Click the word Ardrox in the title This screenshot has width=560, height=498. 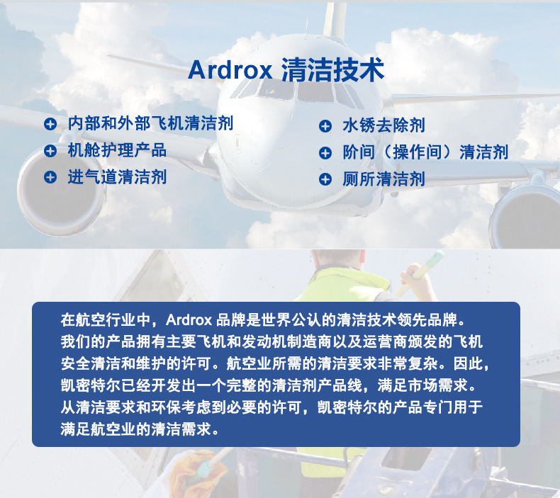pyautogui.click(x=230, y=69)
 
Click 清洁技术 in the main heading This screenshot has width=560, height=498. pyautogui.click(x=333, y=69)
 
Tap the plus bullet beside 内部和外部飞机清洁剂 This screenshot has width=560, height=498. pyautogui.click(x=50, y=124)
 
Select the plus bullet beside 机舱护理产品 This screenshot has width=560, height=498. pyautogui.click(x=50, y=150)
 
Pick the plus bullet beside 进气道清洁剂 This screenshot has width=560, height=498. pyautogui.click(x=50, y=177)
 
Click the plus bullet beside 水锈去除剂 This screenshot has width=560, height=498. pyautogui.click(x=325, y=126)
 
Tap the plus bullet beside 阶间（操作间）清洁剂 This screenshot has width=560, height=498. pyautogui.click(x=325, y=153)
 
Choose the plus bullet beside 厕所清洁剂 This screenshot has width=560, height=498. pyautogui.click(x=325, y=179)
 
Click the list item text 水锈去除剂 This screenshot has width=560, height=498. pyautogui.click(x=384, y=125)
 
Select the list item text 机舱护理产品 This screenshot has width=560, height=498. pyautogui.click(x=117, y=150)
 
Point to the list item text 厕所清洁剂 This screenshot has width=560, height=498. pyautogui.click(x=384, y=179)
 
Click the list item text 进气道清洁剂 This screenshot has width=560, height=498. pyautogui.click(x=117, y=177)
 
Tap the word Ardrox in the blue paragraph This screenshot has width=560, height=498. pyautogui.click(x=189, y=320)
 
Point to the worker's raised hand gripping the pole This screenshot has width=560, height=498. pyautogui.click(x=414, y=277)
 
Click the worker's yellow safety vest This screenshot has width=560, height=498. pyautogui.click(x=343, y=285)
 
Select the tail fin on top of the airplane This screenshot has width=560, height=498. pyautogui.click(x=335, y=18)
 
